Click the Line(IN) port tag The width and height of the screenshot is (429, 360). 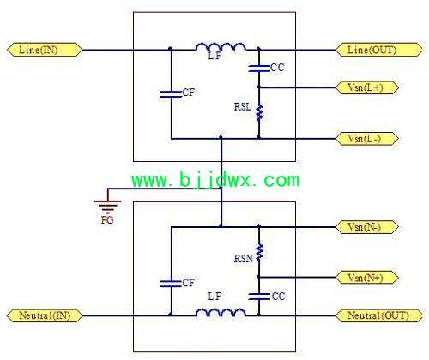[x=45, y=50]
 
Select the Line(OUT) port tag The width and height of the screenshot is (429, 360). [x=379, y=50]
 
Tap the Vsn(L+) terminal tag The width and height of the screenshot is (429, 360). [x=367, y=87]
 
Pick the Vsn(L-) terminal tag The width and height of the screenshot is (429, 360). [x=367, y=139]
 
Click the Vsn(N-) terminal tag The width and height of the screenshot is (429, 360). [x=367, y=227]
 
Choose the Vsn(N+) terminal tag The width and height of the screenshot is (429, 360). [x=367, y=278]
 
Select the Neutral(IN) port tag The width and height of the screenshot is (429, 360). [x=45, y=315]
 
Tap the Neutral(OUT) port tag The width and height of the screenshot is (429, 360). [x=379, y=315]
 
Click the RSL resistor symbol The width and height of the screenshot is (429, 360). [x=259, y=112]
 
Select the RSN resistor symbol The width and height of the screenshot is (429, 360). [x=259, y=252]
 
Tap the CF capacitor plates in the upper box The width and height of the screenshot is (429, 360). [x=171, y=94]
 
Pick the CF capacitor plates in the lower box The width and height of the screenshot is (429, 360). [x=171, y=284]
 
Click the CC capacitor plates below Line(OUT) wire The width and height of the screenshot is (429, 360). [x=259, y=69]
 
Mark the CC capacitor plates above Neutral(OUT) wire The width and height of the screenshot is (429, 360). [x=259, y=297]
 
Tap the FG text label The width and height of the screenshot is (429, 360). [x=107, y=220]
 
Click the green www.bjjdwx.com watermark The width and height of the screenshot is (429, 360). [x=215, y=180]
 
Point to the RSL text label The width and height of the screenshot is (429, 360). [x=243, y=107]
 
